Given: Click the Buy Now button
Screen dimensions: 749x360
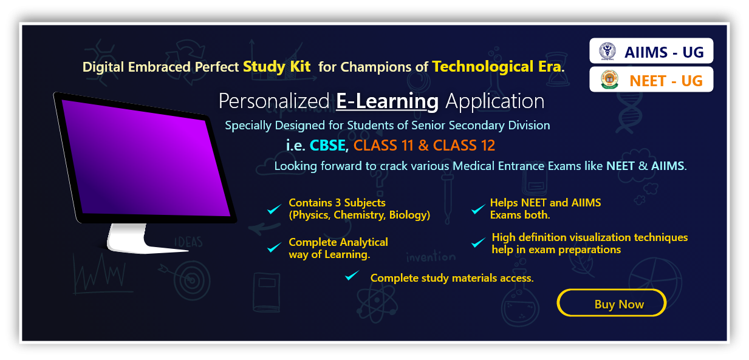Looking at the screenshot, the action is coord(612,303).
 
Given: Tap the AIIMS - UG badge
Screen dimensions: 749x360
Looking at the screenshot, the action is coord(651,51).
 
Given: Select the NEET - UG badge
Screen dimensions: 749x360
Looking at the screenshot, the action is coord(651,80).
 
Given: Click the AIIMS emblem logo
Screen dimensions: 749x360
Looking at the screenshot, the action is coord(607,51).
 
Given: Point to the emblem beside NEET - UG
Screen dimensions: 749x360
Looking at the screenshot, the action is coord(609,80).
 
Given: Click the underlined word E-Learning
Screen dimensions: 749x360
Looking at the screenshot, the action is coord(387,101).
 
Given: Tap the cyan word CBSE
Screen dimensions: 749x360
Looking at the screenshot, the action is coord(327,146).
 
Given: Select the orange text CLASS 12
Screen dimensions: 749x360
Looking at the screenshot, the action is coord(463,146).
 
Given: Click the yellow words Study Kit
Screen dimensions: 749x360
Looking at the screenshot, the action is coord(276,67).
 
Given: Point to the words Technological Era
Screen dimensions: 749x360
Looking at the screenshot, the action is coord(498,67).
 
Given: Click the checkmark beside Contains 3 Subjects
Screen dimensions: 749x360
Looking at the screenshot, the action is coord(274,209).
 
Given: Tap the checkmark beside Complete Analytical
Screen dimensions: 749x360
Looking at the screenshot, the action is coord(274,248).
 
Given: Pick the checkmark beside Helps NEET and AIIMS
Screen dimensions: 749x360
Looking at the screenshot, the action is coord(478,209).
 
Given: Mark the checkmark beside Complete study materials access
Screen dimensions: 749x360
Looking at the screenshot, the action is coord(352,276).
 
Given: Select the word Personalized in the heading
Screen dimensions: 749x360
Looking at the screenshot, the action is coord(274,101).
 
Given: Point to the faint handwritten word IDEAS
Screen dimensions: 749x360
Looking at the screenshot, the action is coord(188,242).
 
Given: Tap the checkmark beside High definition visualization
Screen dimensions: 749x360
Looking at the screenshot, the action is coord(478,242).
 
